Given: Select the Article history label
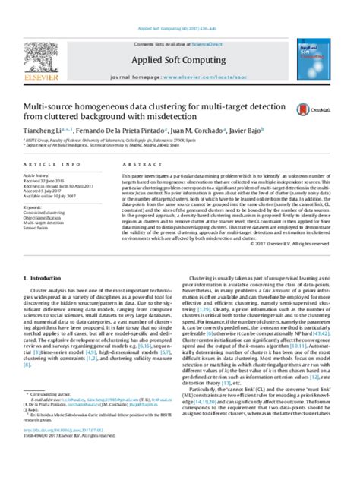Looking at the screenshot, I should coord(37,175).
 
